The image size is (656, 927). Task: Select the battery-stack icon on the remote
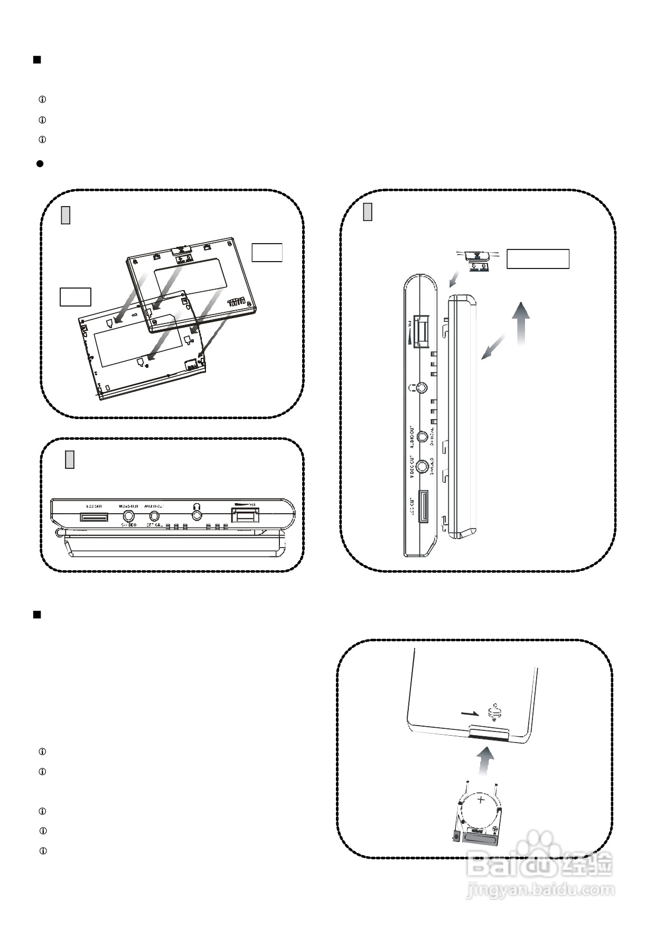click(494, 712)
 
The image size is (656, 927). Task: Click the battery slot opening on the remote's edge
click(489, 735)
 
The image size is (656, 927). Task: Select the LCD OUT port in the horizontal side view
click(95, 516)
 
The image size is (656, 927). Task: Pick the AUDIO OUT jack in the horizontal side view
click(155, 516)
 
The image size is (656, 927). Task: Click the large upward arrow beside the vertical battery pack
click(521, 322)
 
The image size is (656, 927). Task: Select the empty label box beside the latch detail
click(538, 259)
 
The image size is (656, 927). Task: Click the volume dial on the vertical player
click(421, 331)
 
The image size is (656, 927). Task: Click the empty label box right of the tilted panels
click(267, 253)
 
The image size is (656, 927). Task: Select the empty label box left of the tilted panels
click(75, 296)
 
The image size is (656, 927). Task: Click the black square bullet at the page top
click(37, 59)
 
